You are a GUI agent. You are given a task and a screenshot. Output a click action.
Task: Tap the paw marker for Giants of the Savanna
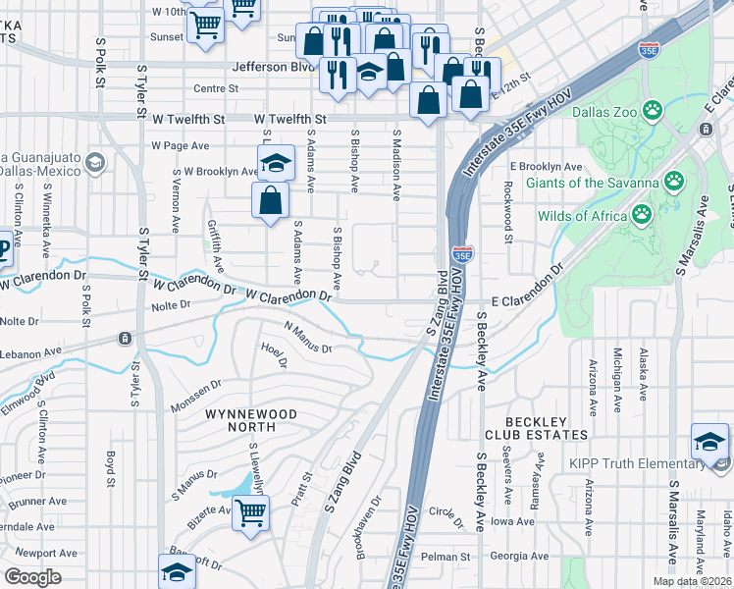point(673,181)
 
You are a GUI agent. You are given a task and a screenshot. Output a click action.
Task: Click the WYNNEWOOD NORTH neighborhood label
point(250,414)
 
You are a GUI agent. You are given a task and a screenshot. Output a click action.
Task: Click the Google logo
point(32,577)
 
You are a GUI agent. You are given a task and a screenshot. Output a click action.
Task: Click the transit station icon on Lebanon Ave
point(125,339)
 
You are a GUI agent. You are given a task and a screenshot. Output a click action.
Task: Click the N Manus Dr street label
point(309,338)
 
